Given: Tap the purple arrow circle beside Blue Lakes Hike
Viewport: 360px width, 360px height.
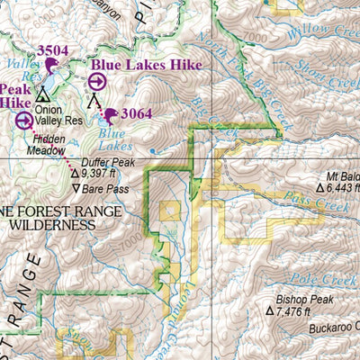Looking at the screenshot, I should pyautogui.click(x=96, y=82).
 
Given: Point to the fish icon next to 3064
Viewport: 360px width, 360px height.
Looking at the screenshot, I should pyautogui.click(x=112, y=114).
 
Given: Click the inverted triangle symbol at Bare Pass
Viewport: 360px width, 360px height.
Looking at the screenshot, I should pyautogui.click(x=76, y=189).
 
